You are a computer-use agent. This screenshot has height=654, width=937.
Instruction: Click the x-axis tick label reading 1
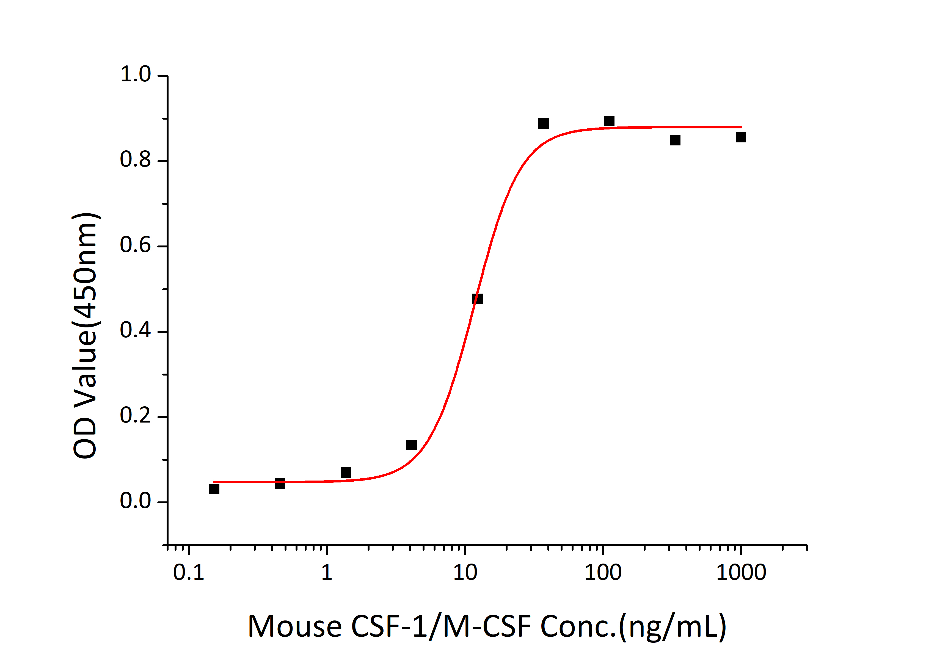[326, 572]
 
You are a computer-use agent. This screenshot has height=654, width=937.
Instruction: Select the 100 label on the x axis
[603, 572]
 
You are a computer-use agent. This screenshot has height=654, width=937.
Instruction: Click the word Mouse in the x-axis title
[295, 626]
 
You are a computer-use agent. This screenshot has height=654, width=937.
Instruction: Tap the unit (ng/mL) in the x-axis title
[672, 626]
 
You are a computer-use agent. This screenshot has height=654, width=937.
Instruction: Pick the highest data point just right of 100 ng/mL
[609, 121]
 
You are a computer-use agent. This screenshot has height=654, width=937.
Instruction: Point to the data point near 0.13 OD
[411, 445]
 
